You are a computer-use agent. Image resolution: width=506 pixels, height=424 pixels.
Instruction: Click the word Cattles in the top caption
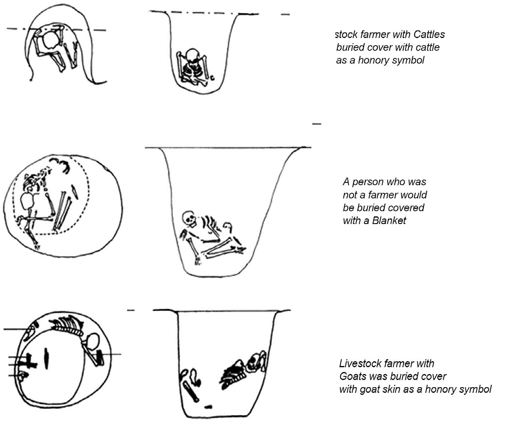pyautogui.click(x=429, y=34)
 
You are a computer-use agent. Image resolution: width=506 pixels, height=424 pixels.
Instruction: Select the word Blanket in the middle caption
pyautogui.click(x=389, y=220)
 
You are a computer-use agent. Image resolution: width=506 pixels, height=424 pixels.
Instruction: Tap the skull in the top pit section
pyautogui.click(x=192, y=55)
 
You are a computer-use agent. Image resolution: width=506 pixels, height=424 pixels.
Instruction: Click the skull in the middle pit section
pyautogui.click(x=189, y=218)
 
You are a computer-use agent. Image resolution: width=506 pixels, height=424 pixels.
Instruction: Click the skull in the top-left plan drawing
pyautogui.click(x=51, y=40)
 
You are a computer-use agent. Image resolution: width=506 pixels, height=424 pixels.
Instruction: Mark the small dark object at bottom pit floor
pyautogui.click(x=208, y=407)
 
